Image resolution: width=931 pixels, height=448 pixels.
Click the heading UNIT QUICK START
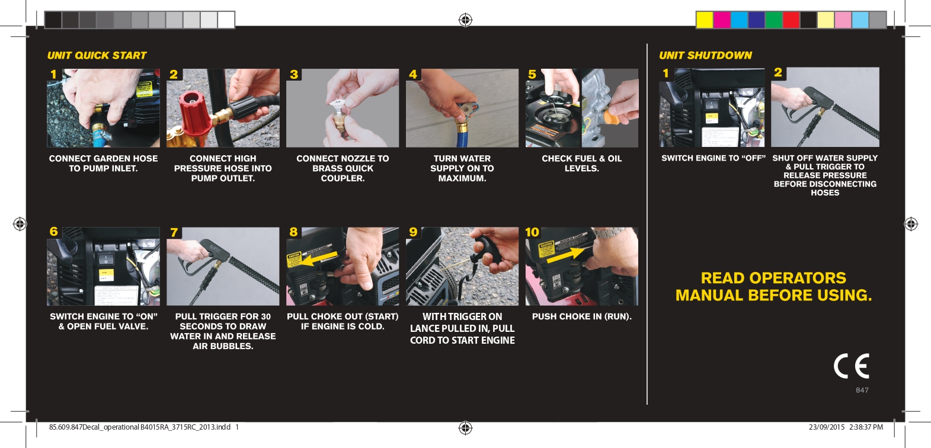coord(97,55)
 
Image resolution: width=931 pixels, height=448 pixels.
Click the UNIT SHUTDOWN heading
coord(705,55)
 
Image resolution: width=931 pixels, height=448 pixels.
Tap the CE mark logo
coord(851,366)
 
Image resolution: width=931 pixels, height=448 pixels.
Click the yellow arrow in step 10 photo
coord(566,255)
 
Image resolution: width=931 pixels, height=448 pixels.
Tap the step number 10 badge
coord(532,232)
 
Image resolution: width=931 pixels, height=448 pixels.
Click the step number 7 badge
coord(174,232)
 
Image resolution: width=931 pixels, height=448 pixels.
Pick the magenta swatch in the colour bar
coord(722,20)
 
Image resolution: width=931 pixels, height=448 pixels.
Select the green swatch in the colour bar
coord(774,20)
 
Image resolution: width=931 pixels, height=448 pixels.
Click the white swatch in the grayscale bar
coord(226,20)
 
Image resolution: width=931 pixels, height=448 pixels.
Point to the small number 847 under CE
coord(862,390)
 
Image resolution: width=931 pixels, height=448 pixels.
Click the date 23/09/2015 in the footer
coord(827,427)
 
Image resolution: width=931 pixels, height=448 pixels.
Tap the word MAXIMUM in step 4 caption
coord(462,178)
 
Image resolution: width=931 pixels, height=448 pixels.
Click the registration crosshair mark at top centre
coord(466,20)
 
